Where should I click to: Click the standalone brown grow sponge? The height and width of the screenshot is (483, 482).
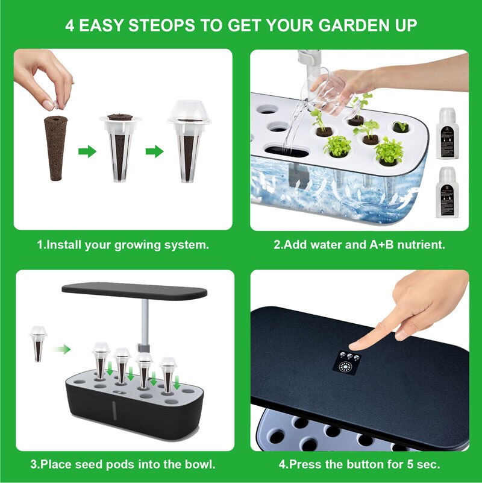pos(55,148)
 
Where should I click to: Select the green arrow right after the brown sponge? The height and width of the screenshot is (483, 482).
pos(87,151)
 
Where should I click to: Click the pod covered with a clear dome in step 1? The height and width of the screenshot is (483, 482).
pos(189,142)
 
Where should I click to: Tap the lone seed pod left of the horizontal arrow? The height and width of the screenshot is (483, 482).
pos(38,344)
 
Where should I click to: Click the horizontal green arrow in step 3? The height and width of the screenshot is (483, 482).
pos(61,349)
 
